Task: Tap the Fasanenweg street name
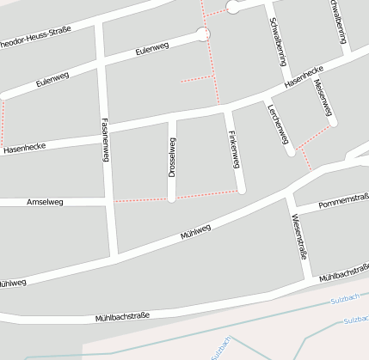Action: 105,138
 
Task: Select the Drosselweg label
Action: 172,158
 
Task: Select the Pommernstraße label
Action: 343,202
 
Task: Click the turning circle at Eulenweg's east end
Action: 203,34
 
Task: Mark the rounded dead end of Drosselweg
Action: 172,198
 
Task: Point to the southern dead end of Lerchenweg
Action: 291,153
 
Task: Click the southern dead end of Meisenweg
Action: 333,123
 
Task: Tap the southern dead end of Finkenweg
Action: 243,189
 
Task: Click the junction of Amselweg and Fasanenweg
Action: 108,202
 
